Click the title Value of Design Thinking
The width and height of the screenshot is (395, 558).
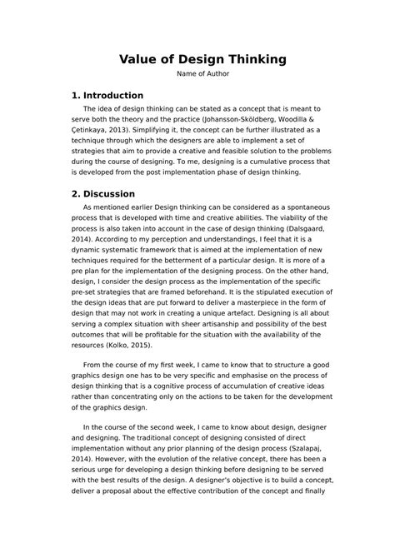click(x=197, y=59)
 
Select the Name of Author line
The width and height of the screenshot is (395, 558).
click(x=197, y=75)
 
